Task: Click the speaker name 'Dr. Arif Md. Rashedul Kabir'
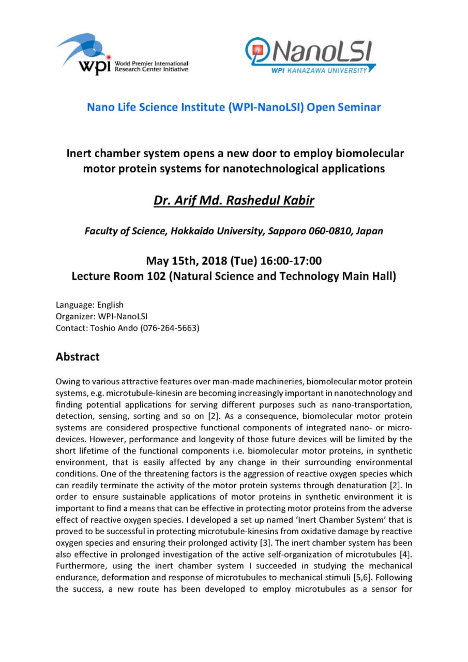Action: pos(234,200)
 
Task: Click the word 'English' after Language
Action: pos(110,305)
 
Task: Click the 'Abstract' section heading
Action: pos(78,357)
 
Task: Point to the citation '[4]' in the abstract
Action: pos(406,554)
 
